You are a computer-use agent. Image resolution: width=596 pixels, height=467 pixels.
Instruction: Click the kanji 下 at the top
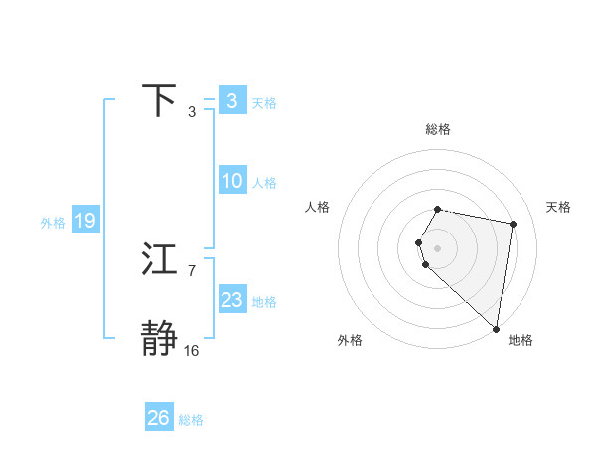click(x=160, y=101)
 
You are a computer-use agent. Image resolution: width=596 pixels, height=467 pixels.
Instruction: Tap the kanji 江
click(x=160, y=260)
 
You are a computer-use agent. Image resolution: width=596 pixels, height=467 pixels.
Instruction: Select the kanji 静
click(x=160, y=339)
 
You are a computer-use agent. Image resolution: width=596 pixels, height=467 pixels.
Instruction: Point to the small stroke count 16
click(x=191, y=350)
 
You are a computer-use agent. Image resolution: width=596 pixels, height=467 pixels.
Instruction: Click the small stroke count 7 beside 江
click(x=191, y=270)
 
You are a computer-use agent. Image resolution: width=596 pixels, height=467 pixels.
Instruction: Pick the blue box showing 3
click(x=231, y=101)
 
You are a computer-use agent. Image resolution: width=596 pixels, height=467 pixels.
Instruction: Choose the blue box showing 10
click(x=231, y=181)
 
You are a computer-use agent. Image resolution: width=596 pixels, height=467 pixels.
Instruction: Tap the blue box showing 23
click(x=231, y=300)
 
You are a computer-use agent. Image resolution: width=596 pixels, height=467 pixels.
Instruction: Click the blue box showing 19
click(x=84, y=221)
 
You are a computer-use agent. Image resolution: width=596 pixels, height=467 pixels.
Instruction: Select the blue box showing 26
click(x=158, y=418)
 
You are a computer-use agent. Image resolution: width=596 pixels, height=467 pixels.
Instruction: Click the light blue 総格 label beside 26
click(x=191, y=420)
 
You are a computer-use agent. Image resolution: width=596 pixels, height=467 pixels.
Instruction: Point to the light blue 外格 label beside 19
click(x=53, y=223)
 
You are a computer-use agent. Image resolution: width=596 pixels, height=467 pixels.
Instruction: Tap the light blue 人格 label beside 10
click(x=264, y=183)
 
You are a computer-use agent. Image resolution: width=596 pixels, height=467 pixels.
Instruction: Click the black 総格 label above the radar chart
click(x=438, y=129)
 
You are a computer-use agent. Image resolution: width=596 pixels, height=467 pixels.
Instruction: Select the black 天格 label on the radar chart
click(x=559, y=207)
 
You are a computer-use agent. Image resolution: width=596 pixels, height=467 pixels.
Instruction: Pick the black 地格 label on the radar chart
click(x=521, y=340)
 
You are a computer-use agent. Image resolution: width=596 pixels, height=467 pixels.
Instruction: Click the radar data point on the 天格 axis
click(x=513, y=225)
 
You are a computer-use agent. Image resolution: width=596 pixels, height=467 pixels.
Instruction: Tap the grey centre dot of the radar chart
click(x=438, y=247)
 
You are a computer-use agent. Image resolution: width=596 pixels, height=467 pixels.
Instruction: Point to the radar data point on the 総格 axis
click(x=438, y=209)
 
